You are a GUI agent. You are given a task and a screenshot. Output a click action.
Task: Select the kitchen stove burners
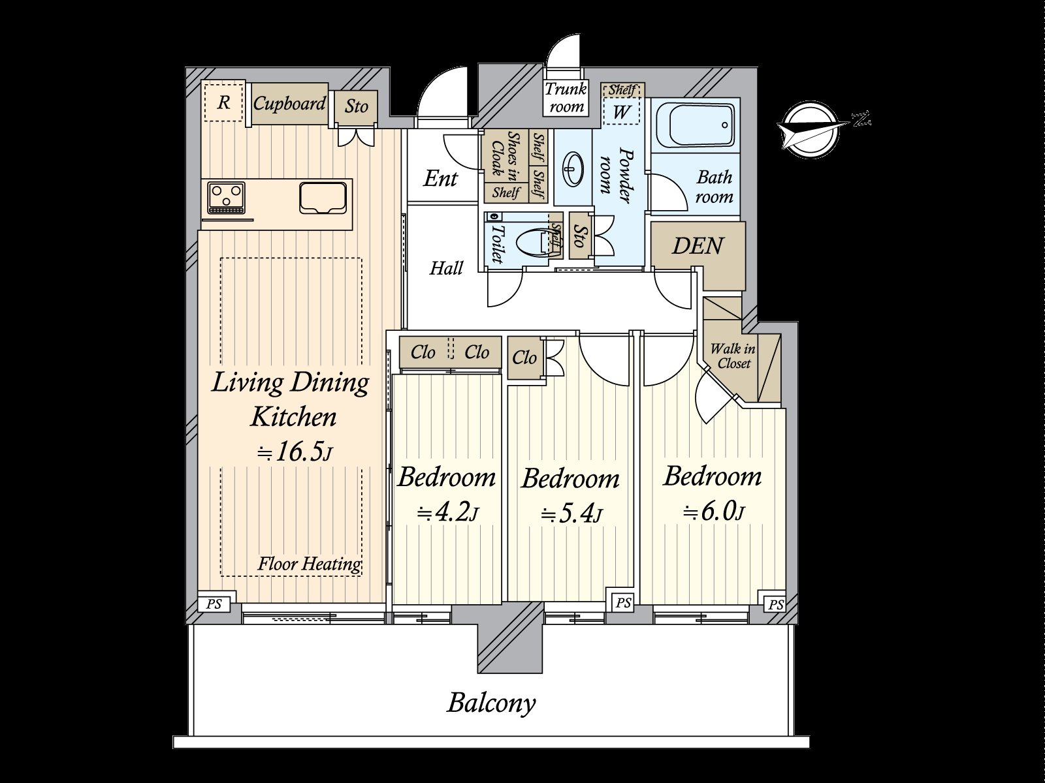point(226,197)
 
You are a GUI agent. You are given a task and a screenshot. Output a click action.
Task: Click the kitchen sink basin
point(323,198)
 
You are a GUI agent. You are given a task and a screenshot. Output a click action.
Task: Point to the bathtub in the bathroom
point(695,125)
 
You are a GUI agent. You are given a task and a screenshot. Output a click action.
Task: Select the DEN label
point(698,246)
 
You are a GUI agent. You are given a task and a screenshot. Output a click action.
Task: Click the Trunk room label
point(566,97)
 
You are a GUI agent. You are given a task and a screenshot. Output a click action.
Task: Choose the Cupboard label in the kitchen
point(289,103)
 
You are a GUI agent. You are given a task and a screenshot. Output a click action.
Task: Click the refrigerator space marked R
point(224,102)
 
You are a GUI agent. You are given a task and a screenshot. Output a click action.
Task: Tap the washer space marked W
point(621,111)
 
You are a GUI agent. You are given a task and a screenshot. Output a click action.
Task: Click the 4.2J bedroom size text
point(447,514)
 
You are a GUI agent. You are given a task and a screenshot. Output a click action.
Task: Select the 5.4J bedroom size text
point(571,514)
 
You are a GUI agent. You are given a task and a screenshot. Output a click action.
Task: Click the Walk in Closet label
point(733,356)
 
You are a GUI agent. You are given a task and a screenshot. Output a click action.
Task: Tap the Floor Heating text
point(310,564)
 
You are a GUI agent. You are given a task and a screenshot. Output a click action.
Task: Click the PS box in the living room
point(214,604)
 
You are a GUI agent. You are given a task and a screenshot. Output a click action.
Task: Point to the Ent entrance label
point(440,179)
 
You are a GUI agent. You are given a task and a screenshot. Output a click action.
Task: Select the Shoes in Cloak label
point(505,154)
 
